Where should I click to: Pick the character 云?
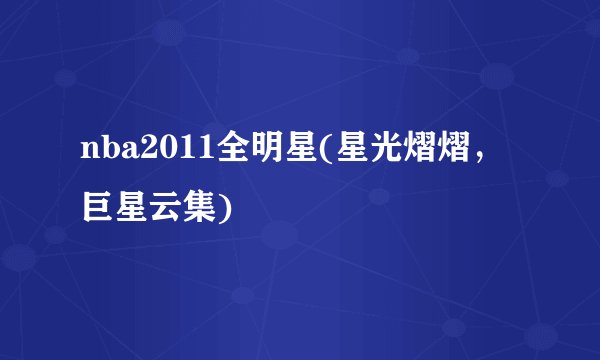click(161, 208)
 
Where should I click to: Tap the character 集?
click(193, 208)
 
